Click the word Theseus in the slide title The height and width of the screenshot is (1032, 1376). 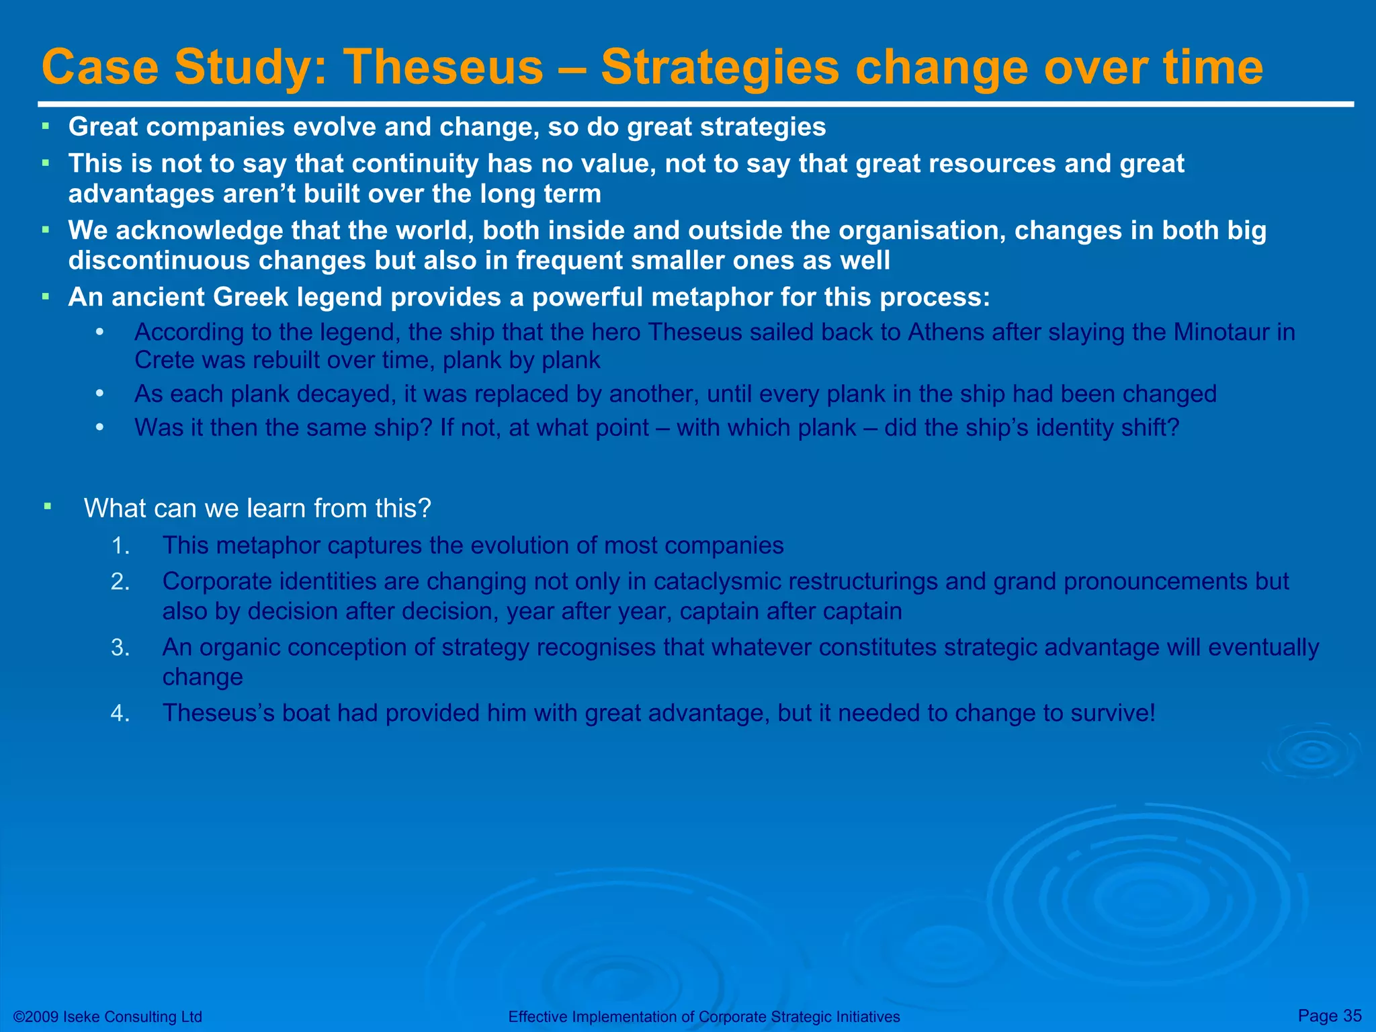pos(443,68)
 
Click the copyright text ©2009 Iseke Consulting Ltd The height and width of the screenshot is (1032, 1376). pos(107,1017)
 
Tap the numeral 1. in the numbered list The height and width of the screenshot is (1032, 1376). pos(120,546)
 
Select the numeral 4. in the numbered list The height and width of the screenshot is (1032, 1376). pos(120,714)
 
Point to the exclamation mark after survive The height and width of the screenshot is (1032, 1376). pos(1152,713)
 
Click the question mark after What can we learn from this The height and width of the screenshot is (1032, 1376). pos(423,509)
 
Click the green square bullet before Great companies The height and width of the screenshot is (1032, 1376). pos(46,126)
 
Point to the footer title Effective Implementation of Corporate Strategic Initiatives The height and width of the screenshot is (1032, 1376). pos(703,1017)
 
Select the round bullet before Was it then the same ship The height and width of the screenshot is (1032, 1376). pos(99,427)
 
